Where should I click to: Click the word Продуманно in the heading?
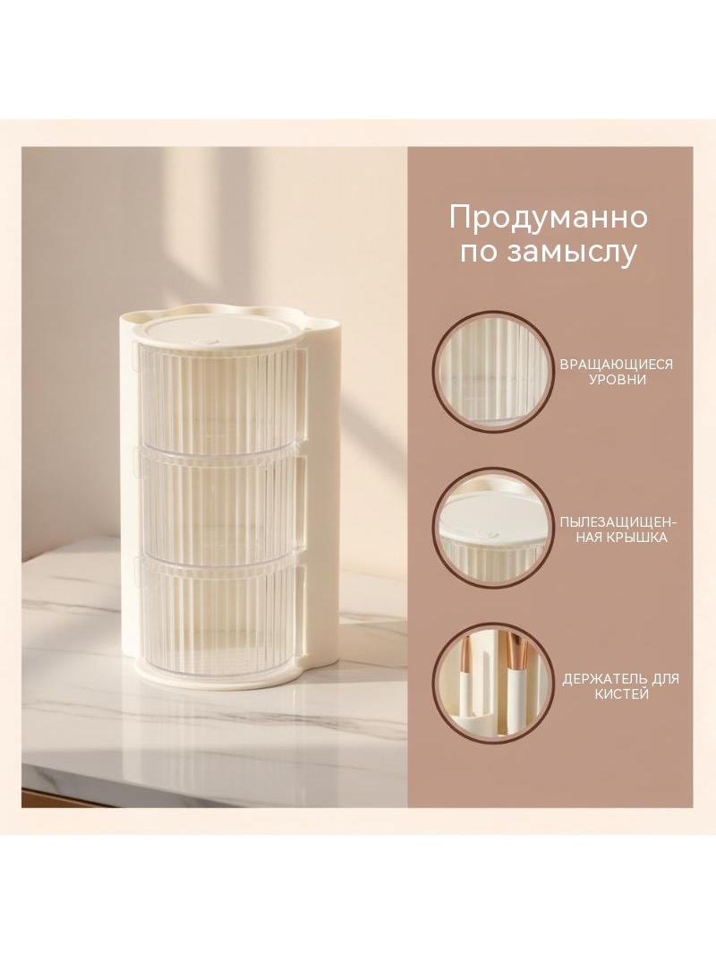pos(548,218)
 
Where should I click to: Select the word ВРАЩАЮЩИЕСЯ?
pos(617,365)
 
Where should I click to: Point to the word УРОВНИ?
pos(617,380)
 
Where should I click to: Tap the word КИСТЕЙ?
pos(620,694)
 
